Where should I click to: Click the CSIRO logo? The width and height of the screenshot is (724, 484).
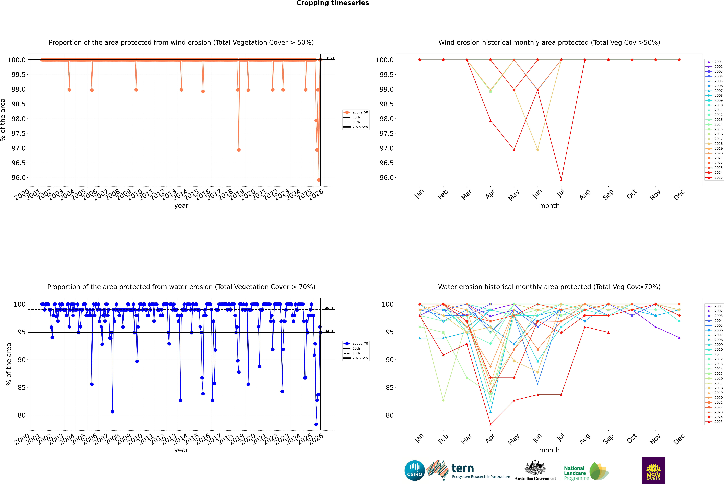coord(415,470)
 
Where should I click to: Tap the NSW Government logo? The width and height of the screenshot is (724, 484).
coord(653,470)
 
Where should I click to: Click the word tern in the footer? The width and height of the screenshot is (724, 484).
coord(462,469)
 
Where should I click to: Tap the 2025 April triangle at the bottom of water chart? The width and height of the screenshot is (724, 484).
coord(490,424)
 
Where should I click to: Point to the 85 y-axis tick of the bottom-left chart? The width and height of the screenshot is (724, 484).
coord(22,387)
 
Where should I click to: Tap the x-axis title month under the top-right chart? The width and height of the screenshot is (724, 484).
coord(549,206)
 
